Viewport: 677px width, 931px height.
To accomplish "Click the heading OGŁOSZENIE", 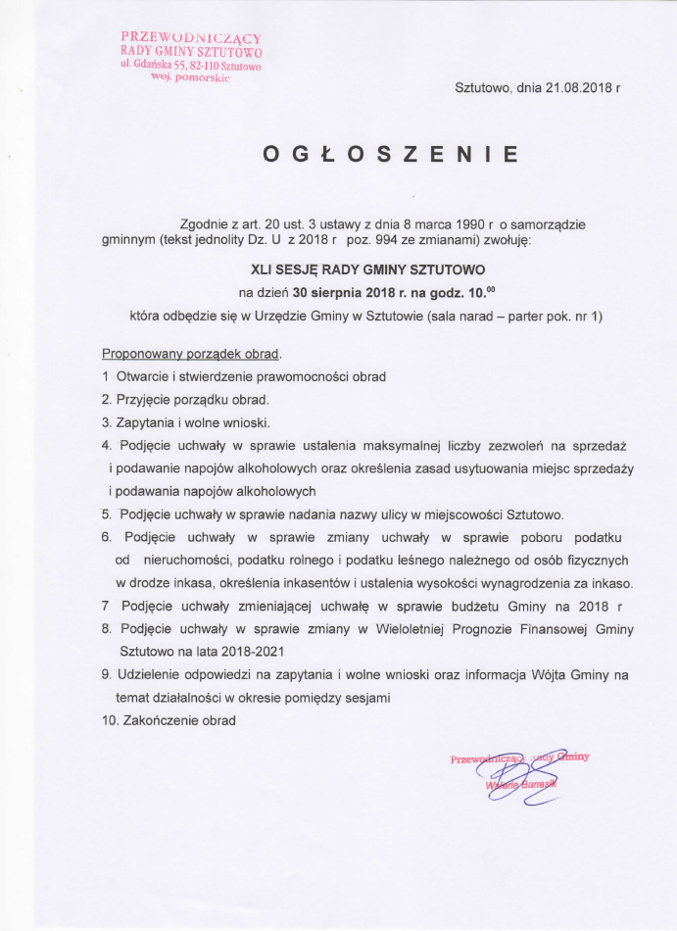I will coord(389,154).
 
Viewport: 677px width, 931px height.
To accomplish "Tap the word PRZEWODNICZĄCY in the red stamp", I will coord(191,37).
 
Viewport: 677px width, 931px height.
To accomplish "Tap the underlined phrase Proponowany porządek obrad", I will coord(191,352).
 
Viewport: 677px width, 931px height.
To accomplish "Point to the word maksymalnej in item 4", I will coord(425,447).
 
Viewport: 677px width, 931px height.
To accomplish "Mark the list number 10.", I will coord(109,720).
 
